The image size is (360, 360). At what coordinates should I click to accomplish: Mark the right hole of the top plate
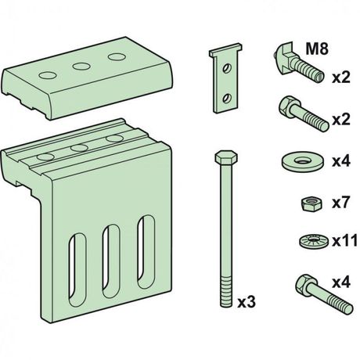116,57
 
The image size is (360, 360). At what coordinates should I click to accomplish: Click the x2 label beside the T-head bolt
340,77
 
